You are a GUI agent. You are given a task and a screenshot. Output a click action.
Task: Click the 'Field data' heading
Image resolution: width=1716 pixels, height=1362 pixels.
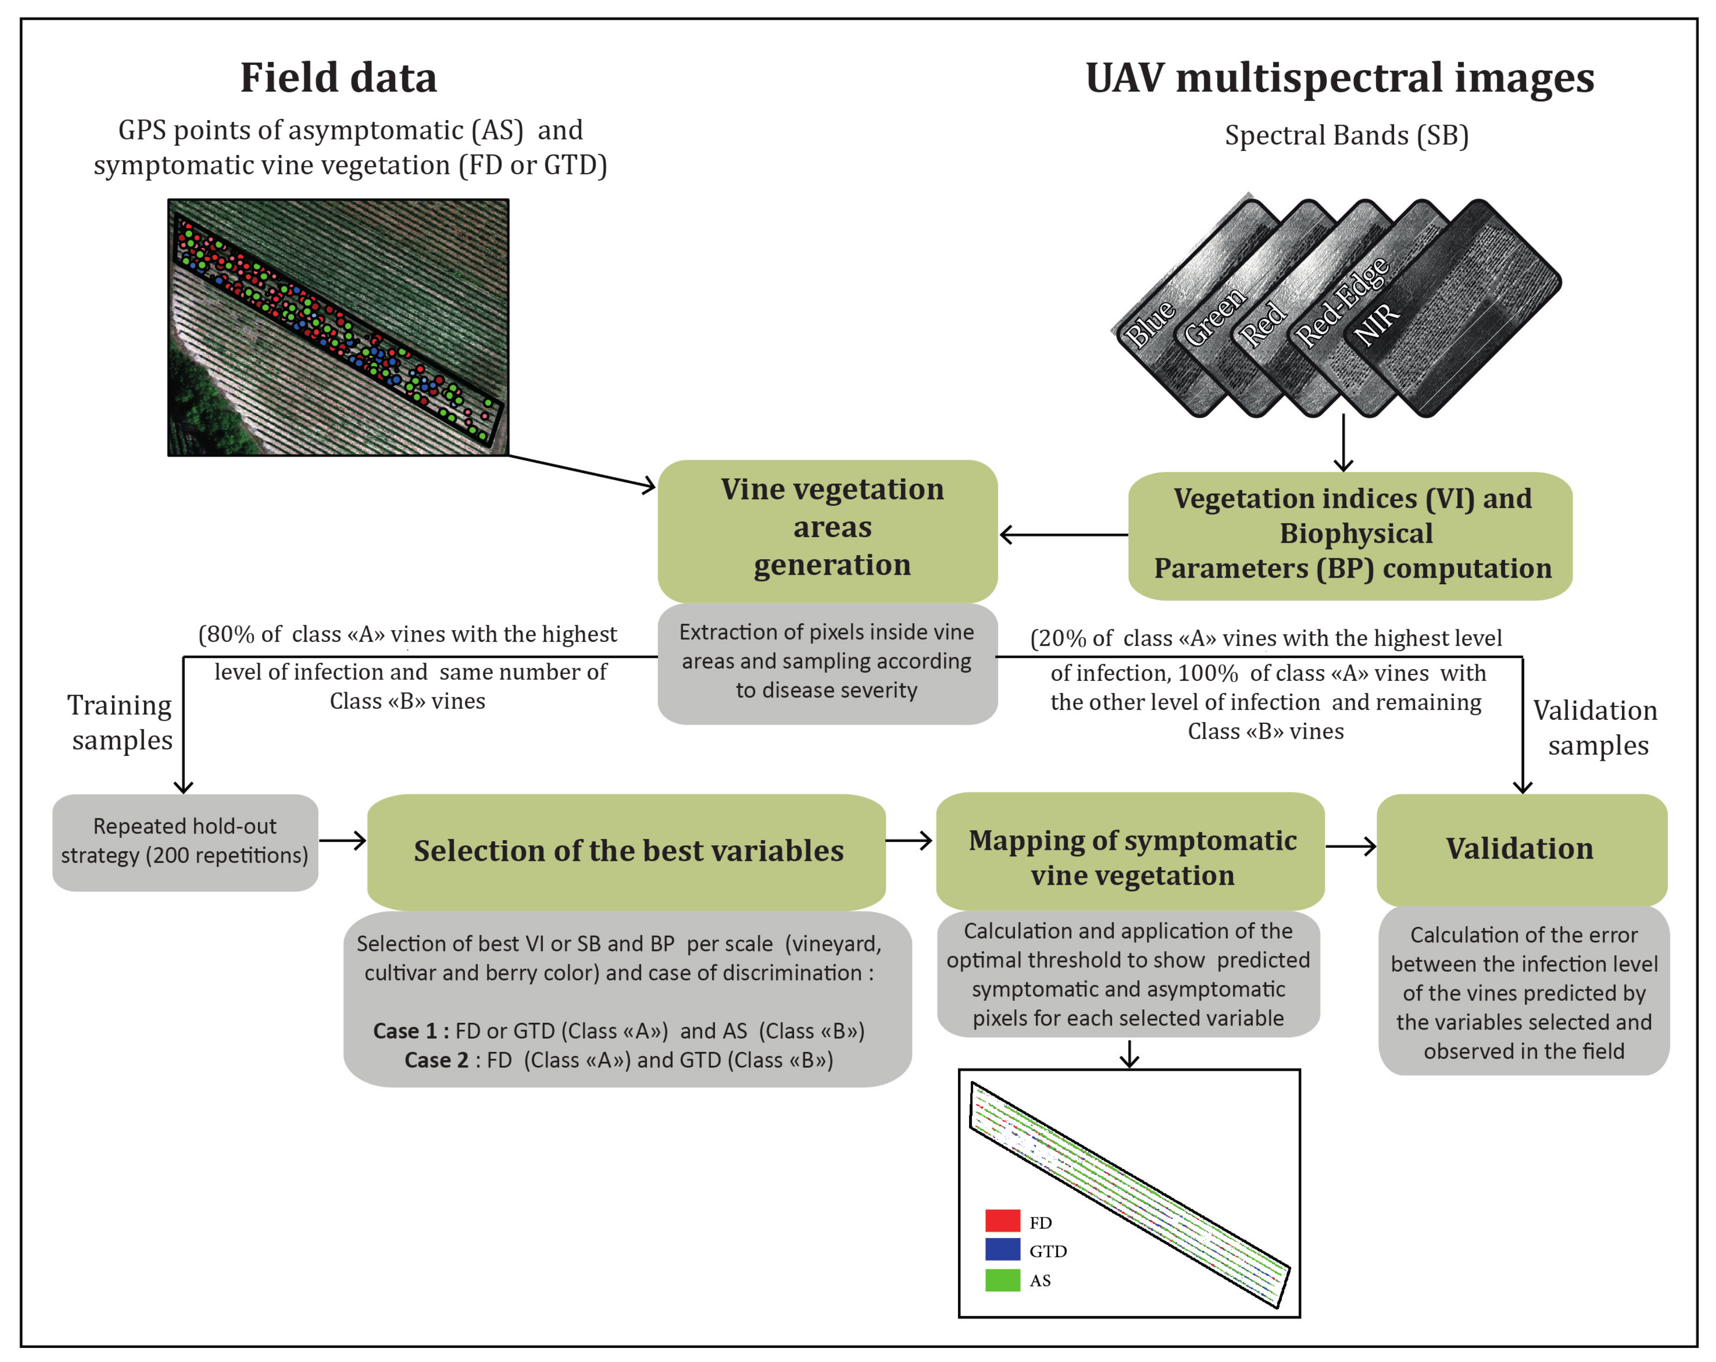[338, 78]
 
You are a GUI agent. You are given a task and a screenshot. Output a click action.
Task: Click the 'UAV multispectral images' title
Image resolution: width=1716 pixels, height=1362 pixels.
[1339, 78]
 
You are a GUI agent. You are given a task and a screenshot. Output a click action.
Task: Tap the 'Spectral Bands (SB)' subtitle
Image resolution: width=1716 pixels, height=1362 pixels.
[1346, 136]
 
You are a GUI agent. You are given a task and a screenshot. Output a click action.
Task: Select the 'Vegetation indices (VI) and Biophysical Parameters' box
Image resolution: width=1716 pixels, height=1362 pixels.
[1350, 535]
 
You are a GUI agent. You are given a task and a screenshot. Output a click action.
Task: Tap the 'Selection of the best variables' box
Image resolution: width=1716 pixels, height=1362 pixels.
[627, 851]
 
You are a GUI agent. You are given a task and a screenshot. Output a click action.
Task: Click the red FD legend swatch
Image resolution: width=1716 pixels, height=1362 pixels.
[1002, 1220]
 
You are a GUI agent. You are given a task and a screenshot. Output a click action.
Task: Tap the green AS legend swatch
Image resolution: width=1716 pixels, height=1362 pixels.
[1002, 1279]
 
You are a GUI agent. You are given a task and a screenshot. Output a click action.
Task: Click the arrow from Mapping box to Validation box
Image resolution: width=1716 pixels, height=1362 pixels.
[1350, 846]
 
